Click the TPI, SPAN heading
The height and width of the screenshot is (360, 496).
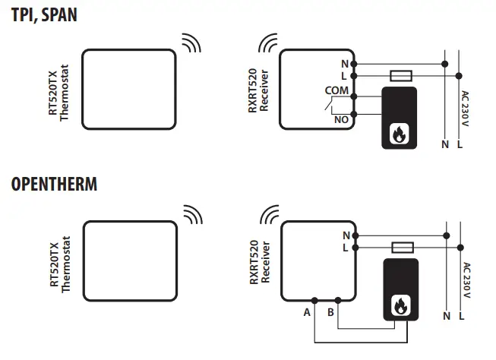point(44,14)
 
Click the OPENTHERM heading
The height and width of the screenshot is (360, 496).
point(54,185)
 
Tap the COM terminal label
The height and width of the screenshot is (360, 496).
point(336,90)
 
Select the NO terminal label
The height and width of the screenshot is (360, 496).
point(341,119)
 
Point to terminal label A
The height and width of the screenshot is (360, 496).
point(307,311)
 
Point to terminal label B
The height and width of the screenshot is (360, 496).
point(331,311)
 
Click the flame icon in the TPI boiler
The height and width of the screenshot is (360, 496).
point(398,134)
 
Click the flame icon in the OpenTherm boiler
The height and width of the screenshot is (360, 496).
point(398,305)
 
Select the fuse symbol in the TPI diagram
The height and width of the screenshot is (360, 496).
point(400,76)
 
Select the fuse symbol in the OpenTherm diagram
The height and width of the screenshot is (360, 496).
point(400,248)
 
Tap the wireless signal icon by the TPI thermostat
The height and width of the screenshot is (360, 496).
point(190,43)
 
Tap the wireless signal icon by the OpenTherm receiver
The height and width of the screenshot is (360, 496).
point(268,215)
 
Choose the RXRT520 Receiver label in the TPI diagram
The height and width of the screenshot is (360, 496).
point(259,91)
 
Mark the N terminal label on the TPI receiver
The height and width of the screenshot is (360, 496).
point(344,64)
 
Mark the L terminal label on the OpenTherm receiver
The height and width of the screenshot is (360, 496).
point(345,248)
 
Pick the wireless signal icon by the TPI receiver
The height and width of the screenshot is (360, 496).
point(268,43)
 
